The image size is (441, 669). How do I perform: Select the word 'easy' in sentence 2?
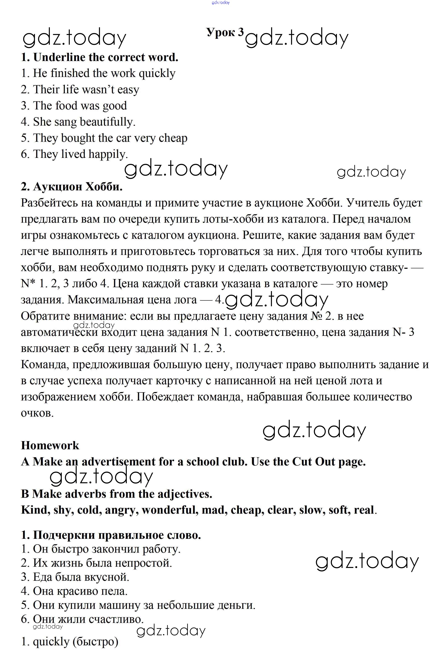point(128,90)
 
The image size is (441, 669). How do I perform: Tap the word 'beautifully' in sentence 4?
point(107,122)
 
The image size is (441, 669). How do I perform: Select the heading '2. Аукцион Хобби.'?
point(72,187)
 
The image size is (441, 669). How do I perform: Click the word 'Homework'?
point(50,446)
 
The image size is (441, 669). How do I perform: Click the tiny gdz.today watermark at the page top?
point(221,3)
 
